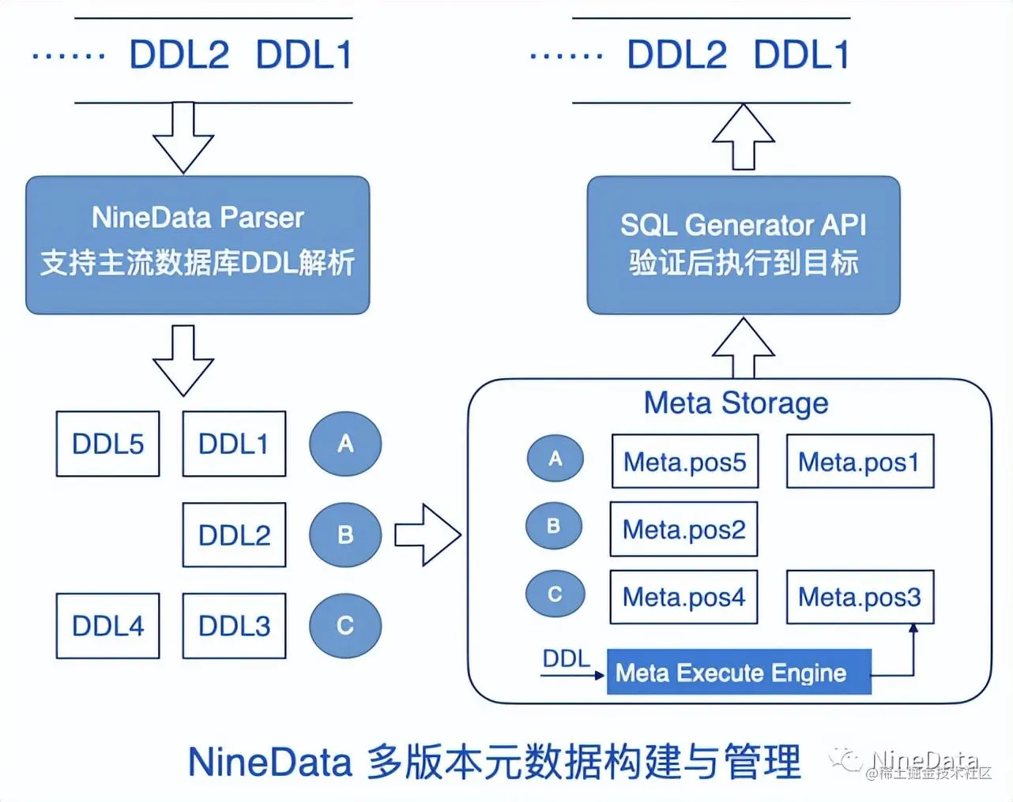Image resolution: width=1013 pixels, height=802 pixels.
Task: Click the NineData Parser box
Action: coord(198,245)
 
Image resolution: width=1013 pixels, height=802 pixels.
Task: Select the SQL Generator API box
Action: coord(743,245)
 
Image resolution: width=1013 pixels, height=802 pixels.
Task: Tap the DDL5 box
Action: coord(107,444)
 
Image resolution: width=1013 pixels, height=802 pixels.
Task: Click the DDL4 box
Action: coord(107,626)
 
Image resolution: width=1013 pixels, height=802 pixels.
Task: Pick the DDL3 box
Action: coord(234,626)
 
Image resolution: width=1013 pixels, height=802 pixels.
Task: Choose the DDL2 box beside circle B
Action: coord(234,535)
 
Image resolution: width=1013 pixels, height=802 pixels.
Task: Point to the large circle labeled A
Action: coord(345,444)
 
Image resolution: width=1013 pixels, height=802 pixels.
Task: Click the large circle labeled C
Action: coord(345,626)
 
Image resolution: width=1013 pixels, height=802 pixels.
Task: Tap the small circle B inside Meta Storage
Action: coord(554,527)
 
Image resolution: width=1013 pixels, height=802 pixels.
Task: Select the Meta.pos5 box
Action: coord(685,462)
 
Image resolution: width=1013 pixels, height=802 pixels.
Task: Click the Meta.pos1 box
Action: coord(860,462)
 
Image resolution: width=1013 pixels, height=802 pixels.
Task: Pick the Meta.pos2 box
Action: coord(683,529)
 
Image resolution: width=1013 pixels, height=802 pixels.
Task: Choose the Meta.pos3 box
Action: coord(860,597)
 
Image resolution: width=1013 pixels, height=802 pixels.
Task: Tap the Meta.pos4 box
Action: coord(683,597)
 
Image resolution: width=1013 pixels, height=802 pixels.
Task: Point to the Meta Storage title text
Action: coord(736,403)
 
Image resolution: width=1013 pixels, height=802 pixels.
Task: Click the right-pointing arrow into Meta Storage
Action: coord(427,535)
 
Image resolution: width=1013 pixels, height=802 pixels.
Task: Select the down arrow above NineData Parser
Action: coord(183,138)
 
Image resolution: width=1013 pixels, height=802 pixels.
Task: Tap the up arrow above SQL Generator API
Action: coord(744,137)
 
